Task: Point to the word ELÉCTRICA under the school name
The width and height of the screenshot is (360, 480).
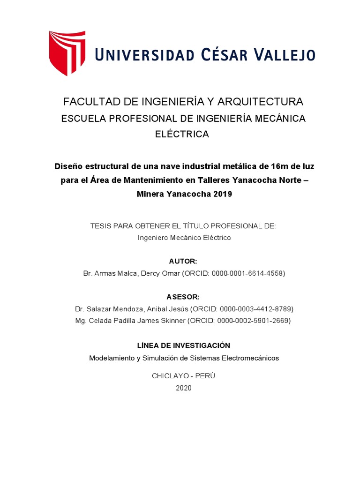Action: (182, 134)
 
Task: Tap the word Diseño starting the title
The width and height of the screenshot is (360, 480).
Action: (69, 166)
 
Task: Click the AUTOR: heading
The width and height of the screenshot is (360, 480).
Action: (182, 261)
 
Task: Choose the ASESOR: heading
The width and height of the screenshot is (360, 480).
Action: (183, 297)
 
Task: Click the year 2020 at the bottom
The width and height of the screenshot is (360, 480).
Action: (183, 388)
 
